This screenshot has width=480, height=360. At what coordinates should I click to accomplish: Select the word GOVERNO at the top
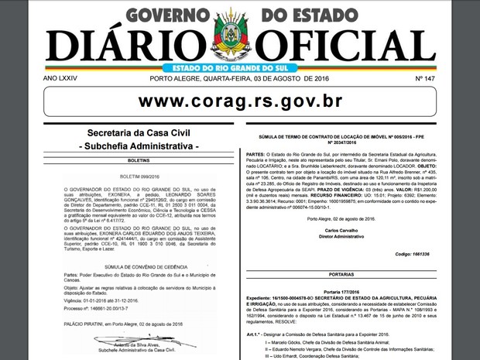tap(170, 15)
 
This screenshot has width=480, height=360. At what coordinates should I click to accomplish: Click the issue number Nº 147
tap(424, 79)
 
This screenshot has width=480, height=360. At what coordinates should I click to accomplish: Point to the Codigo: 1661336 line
tap(411, 254)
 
